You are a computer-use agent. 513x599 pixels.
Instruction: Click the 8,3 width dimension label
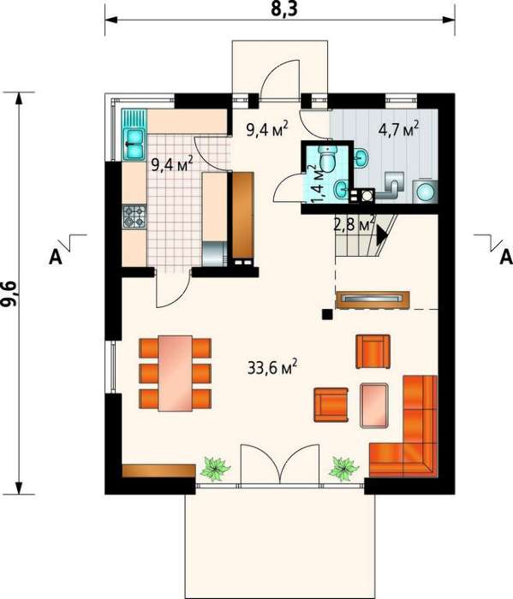[283, 9]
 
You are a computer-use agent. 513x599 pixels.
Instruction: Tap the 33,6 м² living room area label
[271, 368]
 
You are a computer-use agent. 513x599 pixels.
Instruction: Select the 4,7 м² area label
[398, 129]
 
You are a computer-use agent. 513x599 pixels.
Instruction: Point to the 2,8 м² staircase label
[354, 224]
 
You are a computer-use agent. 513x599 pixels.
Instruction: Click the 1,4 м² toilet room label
[316, 184]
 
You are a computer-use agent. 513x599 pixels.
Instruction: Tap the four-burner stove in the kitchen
[134, 216]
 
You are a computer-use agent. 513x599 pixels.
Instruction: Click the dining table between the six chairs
[175, 373]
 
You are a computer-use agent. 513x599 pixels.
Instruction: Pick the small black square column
[327, 314]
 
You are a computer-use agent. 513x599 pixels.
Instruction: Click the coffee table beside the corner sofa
[374, 405]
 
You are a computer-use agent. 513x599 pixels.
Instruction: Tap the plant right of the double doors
[344, 467]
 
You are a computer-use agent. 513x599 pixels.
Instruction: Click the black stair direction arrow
[382, 235]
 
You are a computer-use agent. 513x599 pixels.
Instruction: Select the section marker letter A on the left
[56, 258]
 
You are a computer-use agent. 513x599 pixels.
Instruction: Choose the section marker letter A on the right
[506, 257]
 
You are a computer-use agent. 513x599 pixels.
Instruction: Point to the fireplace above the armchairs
[373, 299]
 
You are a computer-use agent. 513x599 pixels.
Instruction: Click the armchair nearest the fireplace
[373, 352]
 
